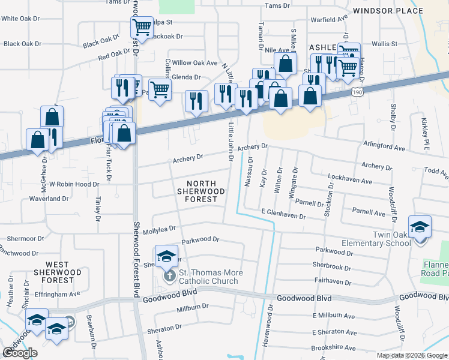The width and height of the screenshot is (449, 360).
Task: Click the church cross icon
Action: click(170, 276)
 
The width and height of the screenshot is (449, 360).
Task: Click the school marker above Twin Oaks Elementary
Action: click(420, 226)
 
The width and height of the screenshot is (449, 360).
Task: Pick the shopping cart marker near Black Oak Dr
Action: click(141, 26)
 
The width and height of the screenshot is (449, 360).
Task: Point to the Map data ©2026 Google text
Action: click(411, 355)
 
